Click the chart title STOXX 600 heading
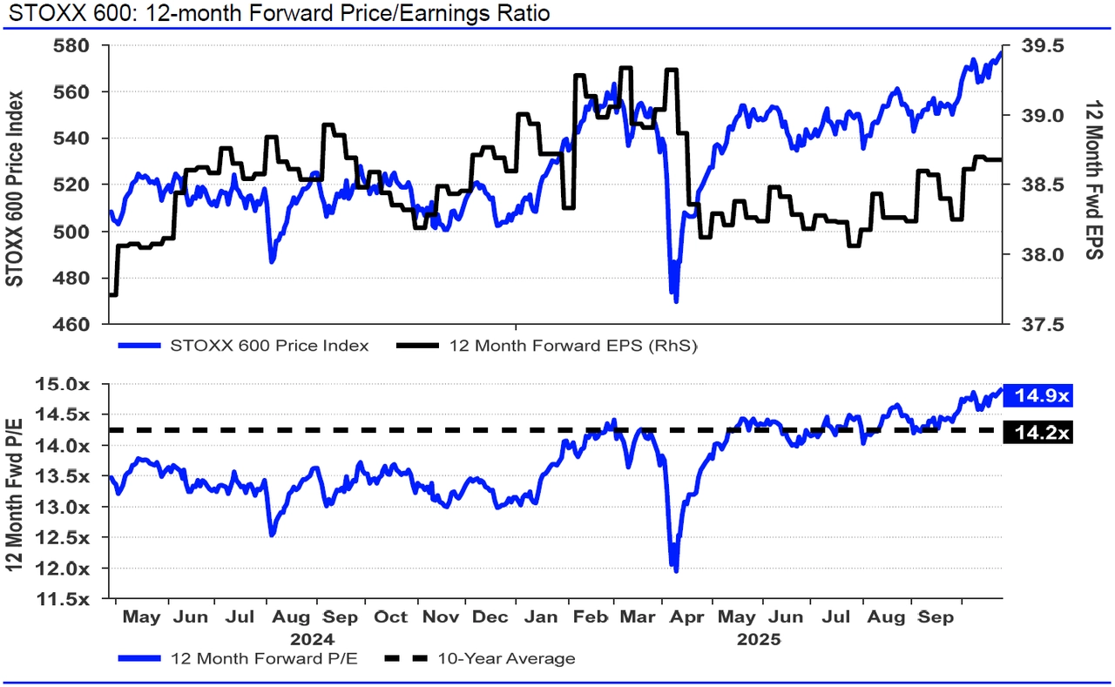277,14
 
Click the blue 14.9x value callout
1037,396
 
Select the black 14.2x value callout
1037,431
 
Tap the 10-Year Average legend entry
505,658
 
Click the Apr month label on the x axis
689,617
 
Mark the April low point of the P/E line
676,570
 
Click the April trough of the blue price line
676,300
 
